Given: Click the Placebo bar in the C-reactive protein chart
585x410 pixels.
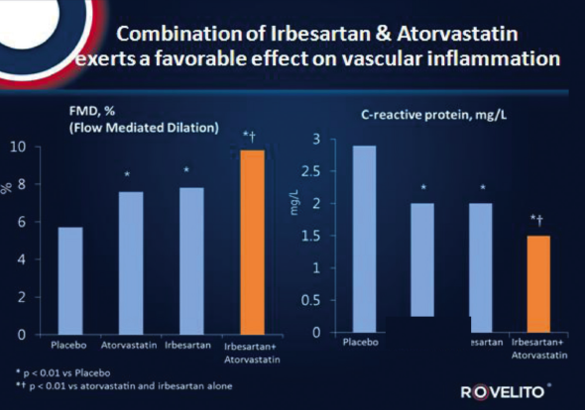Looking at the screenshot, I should click(x=365, y=238).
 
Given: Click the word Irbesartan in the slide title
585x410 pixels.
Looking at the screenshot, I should click(x=310, y=30).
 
